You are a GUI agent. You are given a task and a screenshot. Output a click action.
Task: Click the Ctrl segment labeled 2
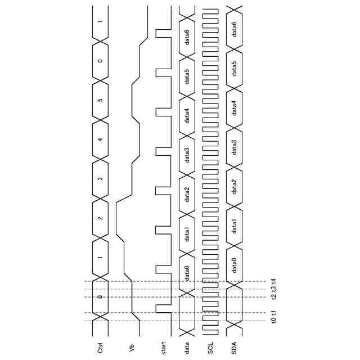point(100,218)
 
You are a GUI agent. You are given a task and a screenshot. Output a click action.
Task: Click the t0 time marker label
point(273,320)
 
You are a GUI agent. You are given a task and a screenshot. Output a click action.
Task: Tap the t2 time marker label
point(273,297)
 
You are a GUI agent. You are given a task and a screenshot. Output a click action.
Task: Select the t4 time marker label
point(273,281)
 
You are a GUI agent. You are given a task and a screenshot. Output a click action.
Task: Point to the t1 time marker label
point(273,312)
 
